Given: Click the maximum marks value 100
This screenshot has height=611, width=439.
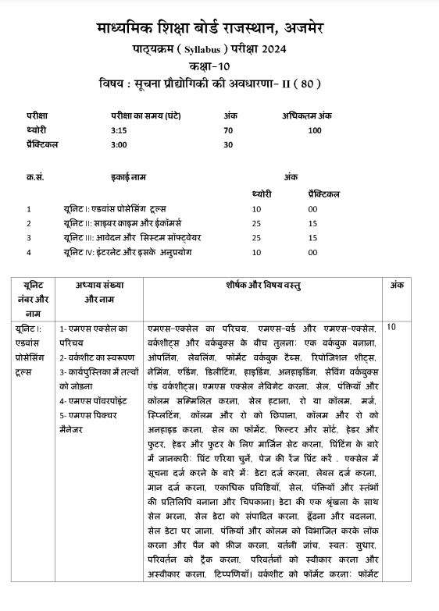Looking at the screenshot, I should [314, 130].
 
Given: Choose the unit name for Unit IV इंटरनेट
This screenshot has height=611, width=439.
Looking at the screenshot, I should [128, 252].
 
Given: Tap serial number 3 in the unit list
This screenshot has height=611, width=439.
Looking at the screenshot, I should [28, 237].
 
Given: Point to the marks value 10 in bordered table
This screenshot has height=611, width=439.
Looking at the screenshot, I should [392, 328].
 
